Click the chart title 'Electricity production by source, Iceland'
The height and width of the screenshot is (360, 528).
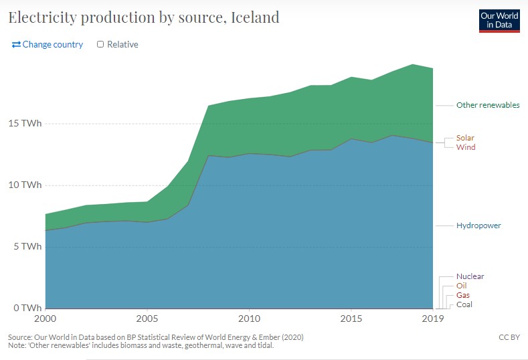pos(143,17)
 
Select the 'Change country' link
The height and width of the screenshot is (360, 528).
pos(48,44)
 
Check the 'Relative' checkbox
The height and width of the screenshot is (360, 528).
pos(100,44)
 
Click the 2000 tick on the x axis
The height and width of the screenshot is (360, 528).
pos(45,319)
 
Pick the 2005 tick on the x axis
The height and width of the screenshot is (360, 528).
pos(147,319)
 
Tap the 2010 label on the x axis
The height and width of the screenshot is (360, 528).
pos(249,319)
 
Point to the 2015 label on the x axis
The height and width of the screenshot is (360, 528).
pos(351,319)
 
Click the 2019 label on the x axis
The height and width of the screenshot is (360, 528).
pos(432,319)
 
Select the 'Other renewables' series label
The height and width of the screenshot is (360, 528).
pos(488,105)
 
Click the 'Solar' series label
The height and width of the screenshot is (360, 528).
pos(465,138)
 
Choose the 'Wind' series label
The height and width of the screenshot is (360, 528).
pos(466,147)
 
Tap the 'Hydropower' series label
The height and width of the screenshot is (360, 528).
pos(478,226)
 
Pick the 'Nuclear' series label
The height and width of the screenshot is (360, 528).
pos(470,276)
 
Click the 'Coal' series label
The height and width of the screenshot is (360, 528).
pos(464,304)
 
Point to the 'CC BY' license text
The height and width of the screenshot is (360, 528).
pos(509,337)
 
